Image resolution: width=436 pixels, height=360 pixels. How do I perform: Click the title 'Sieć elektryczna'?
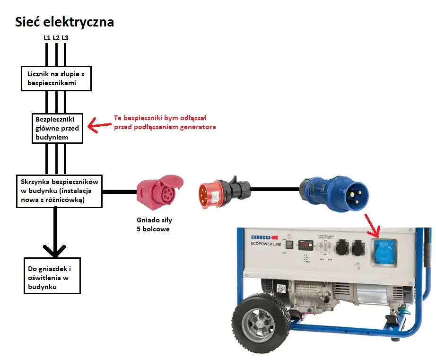(x=64, y=22)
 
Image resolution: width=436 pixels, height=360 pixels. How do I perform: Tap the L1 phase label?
(x=46, y=37)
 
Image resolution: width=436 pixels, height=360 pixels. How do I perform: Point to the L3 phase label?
(x=65, y=37)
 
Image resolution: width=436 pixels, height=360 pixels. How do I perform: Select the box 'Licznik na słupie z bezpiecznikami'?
(x=56, y=78)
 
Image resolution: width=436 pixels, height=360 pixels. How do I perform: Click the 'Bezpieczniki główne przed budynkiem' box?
(x=57, y=128)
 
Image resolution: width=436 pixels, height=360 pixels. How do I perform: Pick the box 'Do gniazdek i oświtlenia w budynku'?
(x=52, y=275)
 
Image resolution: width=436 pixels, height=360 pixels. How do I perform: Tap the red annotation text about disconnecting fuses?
(x=165, y=123)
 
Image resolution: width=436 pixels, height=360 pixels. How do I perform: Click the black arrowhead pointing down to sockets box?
(x=55, y=249)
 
